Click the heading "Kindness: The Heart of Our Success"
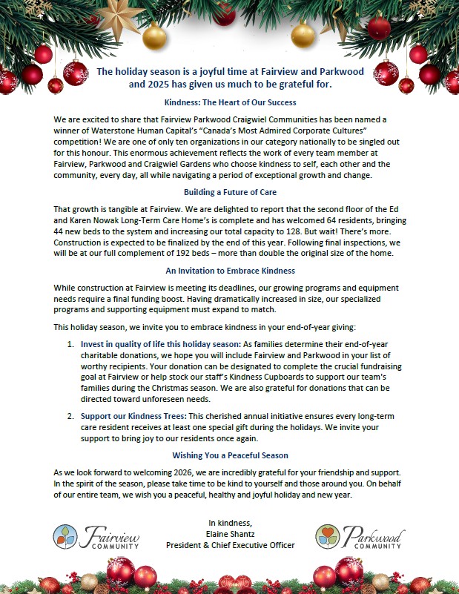230,102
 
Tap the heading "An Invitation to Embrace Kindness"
230,270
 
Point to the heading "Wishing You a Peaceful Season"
230,455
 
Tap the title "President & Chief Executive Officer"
230,545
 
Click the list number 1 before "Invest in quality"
70,344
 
